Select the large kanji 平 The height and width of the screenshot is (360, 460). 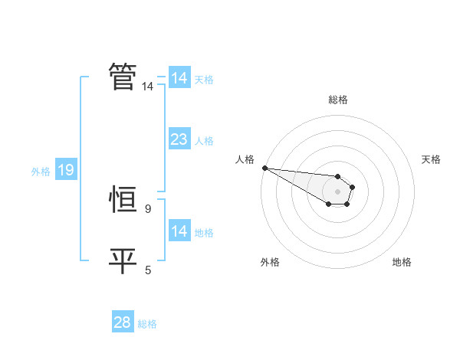123,260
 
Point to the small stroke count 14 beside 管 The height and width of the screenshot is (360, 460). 147,87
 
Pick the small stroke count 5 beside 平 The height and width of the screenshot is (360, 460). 147,270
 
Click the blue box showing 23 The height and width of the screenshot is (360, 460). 179,139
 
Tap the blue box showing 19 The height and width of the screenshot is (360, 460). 65,170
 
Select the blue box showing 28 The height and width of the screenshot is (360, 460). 123,322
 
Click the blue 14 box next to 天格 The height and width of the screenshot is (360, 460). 179,78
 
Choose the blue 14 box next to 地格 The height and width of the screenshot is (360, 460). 179,231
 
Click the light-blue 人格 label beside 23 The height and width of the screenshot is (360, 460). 204,141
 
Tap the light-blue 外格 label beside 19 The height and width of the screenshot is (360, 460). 41,172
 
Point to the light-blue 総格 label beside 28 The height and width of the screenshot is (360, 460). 147,324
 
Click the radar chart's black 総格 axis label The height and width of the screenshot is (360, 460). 338,100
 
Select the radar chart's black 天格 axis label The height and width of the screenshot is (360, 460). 431,159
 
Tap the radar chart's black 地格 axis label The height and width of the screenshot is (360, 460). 402,262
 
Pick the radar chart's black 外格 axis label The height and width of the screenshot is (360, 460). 270,262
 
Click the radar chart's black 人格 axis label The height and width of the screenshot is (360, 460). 245,159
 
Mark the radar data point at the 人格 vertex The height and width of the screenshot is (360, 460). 264,168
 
